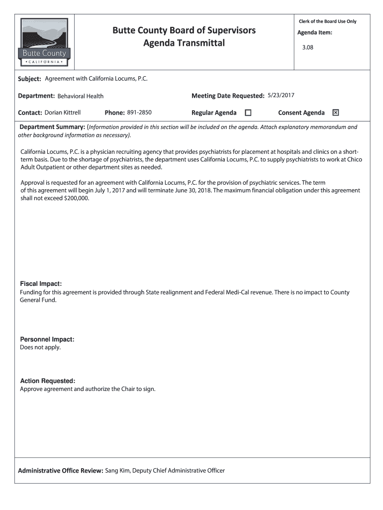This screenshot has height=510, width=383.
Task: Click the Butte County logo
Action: tap(44, 42)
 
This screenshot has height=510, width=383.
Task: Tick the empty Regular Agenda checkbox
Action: tap(248, 113)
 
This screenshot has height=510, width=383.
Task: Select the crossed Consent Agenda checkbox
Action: tap(335, 113)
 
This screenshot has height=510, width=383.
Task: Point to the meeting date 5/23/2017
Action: tap(281, 95)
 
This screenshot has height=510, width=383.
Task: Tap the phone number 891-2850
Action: tap(139, 113)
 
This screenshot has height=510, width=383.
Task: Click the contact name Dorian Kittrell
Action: tap(63, 113)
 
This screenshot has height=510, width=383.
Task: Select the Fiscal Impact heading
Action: tap(41, 284)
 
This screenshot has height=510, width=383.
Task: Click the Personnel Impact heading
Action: tap(47, 339)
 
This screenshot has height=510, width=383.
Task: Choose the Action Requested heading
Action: tap(48, 381)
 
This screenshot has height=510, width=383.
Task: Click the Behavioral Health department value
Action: tap(81, 96)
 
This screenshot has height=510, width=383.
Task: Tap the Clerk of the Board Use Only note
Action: tap(327, 21)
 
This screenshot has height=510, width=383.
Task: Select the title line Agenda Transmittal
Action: tap(184, 43)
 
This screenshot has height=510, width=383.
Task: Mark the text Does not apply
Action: tap(40, 347)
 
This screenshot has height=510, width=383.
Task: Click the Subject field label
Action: tap(29, 79)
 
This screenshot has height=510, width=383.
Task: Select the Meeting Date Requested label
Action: tap(228, 96)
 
